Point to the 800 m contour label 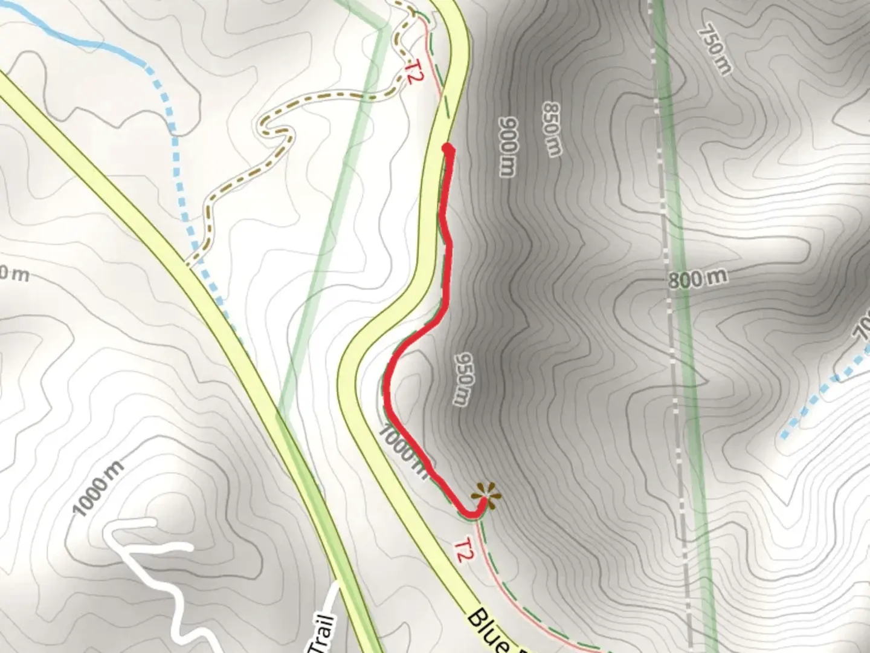pyautogui.click(x=698, y=278)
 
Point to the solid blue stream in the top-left pyautogui.click(x=79, y=41)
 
